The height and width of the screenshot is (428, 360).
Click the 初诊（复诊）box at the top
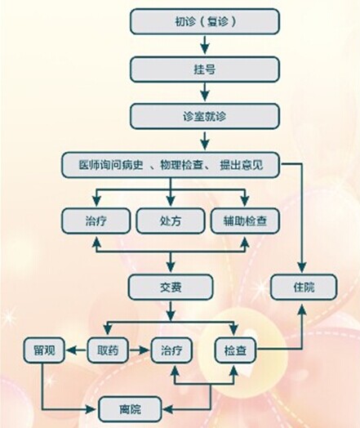pyautogui.click(x=205, y=21)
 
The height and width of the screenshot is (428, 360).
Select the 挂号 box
pyautogui.click(x=205, y=69)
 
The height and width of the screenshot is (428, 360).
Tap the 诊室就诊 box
pyautogui.click(x=205, y=116)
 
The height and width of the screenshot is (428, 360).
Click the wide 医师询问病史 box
pyautogui.click(x=171, y=165)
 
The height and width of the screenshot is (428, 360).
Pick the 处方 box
pyautogui.click(x=171, y=221)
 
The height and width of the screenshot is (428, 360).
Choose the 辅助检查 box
pyautogui.click(x=245, y=221)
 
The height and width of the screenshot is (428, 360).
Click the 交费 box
pyautogui.click(x=171, y=287)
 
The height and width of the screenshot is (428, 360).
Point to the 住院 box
pyautogui.click(x=304, y=287)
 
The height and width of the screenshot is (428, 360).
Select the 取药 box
pyautogui.click(x=108, y=350)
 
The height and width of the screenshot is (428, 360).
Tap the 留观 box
pyautogui.click(x=44, y=350)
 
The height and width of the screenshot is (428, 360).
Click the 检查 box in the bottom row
pyautogui.click(x=235, y=350)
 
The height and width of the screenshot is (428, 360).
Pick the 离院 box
pyautogui.click(x=130, y=409)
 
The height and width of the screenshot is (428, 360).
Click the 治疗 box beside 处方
pyautogui.click(x=96, y=221)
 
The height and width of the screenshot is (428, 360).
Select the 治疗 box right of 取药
pyautogui.click(x=171, y=350)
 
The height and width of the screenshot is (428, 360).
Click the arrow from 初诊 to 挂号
pyautogui.click(x=205, y=44)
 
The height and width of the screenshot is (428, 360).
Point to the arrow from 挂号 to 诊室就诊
pyautogui.click(x=205, y=91)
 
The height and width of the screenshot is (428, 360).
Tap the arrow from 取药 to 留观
pyautogui.click(x=77, y=350)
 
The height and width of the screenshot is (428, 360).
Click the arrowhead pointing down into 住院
pyautogui.click(x=302, y=267)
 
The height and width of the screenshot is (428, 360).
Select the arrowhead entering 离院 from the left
pyautogui.click(x=91, y=409)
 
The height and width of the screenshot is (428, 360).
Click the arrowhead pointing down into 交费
pyautogui.click(x=171, y=267)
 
